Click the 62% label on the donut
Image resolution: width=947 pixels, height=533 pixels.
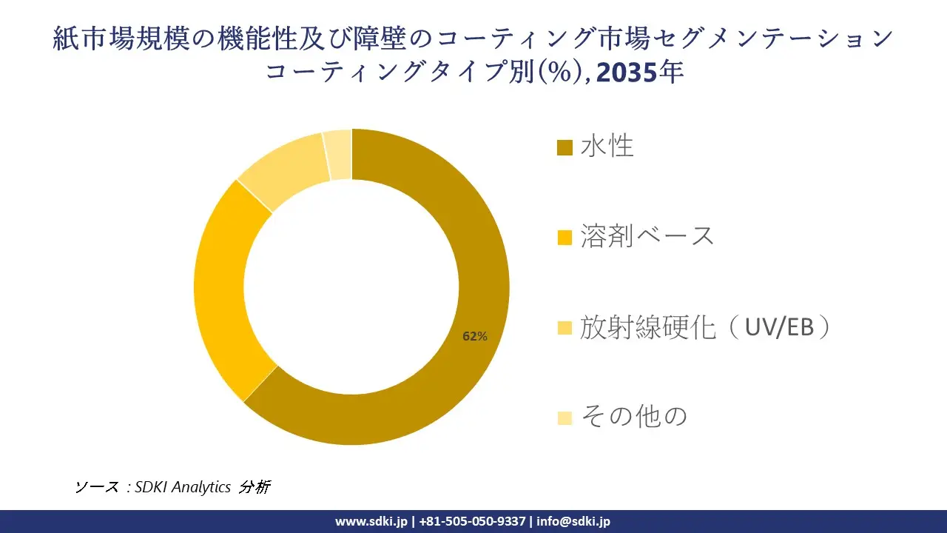[x=474, y=336]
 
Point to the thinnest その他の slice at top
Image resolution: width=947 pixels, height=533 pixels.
[x=338, y=155]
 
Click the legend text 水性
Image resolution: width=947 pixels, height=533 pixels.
[x=607, y=147]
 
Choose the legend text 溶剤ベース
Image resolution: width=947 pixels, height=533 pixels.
[x=647, y=236]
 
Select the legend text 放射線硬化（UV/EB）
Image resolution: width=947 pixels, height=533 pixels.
[x=704, y=326]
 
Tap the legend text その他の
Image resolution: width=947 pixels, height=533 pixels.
[x=633, y=416]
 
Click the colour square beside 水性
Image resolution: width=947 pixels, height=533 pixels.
[x=565, y=148]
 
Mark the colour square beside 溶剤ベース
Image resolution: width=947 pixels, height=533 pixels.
[x=565, y=238]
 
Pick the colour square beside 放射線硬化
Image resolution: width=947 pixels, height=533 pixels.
[x=565, y=328]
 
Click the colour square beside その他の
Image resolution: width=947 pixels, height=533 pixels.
[x=565, y=418]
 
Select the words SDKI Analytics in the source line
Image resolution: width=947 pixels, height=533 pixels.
[x=183, y=487]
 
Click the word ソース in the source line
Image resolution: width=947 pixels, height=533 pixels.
[x=96, y=487]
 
